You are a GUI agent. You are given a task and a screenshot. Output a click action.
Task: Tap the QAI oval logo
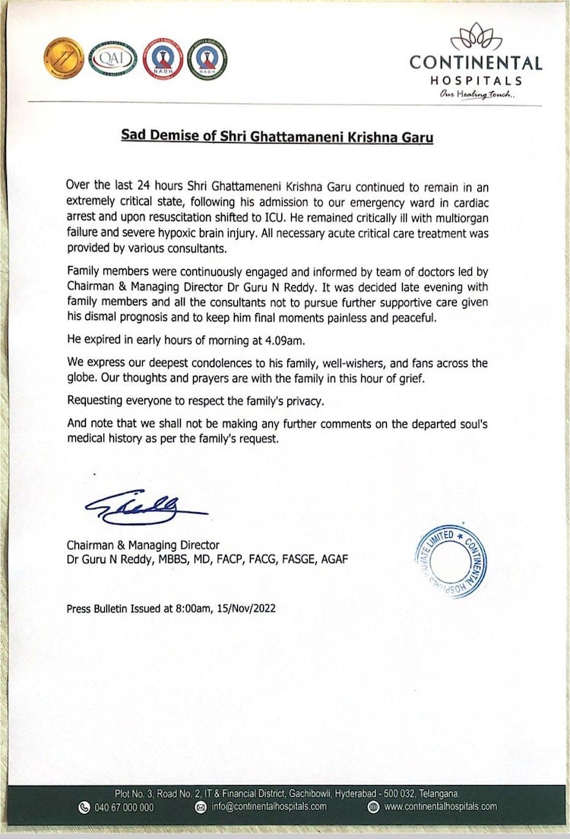(112, 58)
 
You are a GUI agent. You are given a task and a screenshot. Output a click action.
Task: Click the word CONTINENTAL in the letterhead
(476, 63)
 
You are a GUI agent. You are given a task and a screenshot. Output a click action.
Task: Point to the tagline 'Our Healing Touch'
(477, 93)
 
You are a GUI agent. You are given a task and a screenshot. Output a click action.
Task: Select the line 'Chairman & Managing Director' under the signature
(143, 546)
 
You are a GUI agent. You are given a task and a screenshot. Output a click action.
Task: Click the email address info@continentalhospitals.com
(269, 807)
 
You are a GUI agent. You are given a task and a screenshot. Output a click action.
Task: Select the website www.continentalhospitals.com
(440, 807)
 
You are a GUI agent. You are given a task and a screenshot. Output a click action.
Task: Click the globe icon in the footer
(373, 807)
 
